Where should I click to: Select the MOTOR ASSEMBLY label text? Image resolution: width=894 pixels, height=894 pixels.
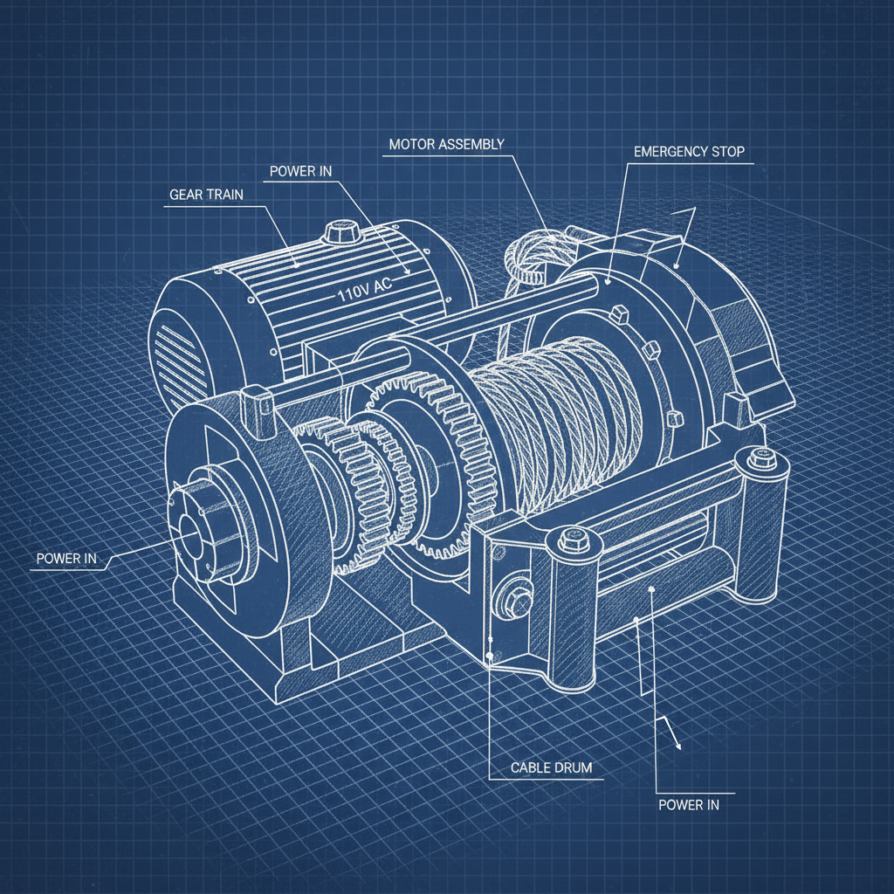tap(446, 144)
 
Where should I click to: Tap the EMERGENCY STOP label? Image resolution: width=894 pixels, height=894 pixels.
tap(689, 151)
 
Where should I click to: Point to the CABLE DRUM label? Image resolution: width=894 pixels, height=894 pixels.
tap(551, 768)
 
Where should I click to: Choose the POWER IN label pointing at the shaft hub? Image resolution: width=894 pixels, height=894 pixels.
tap(66, 558)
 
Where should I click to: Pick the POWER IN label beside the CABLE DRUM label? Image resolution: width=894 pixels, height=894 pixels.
tap(689, 804)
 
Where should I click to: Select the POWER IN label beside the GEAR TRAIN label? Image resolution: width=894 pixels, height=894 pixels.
tap(300, 170)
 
